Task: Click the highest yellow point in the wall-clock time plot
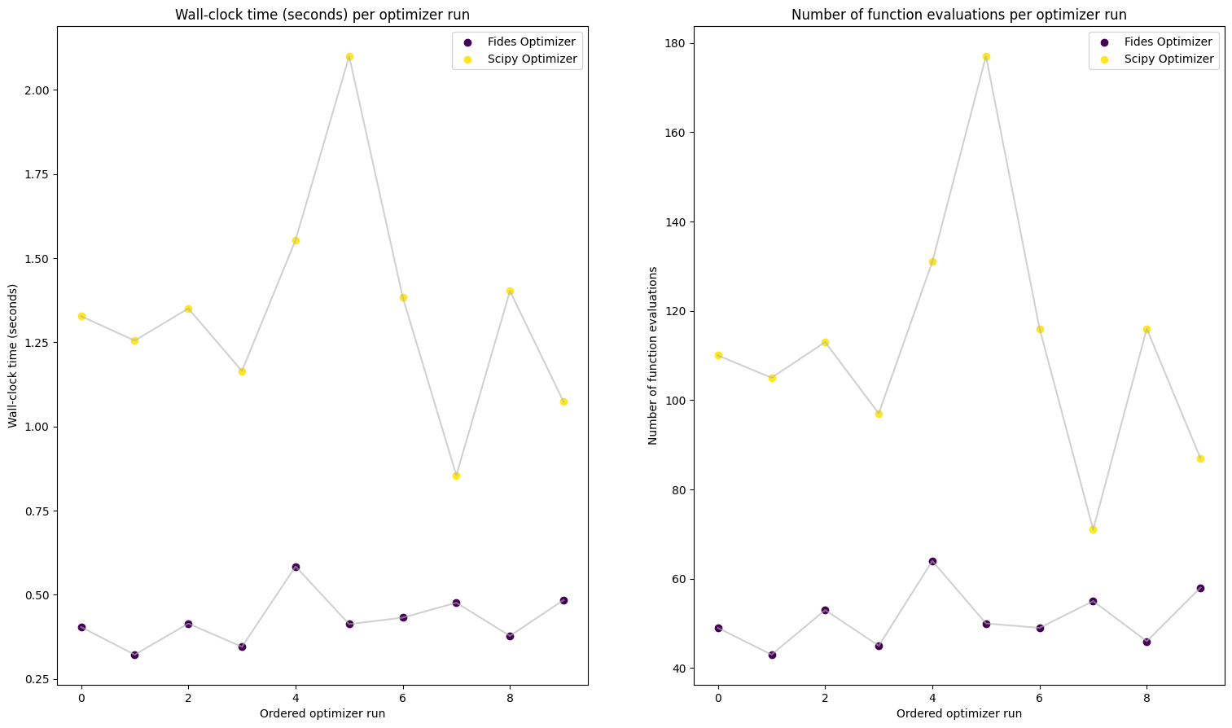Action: (349, 57)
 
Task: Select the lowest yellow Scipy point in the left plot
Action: (456, 476)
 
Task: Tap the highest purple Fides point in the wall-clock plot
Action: (296, 567)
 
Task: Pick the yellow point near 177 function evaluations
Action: (986, 57)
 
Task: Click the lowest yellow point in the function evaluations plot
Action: (1093, 529)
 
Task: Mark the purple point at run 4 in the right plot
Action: (932, 561)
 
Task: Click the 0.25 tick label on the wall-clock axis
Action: (37, 680)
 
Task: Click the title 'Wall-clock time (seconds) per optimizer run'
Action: (322, 15)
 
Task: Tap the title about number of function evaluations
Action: (959, 15)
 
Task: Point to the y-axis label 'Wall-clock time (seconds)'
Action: (13, 356)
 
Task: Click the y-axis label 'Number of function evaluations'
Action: (653, 356)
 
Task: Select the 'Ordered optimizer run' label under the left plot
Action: (322, 713)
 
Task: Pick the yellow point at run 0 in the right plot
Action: (718, 355)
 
